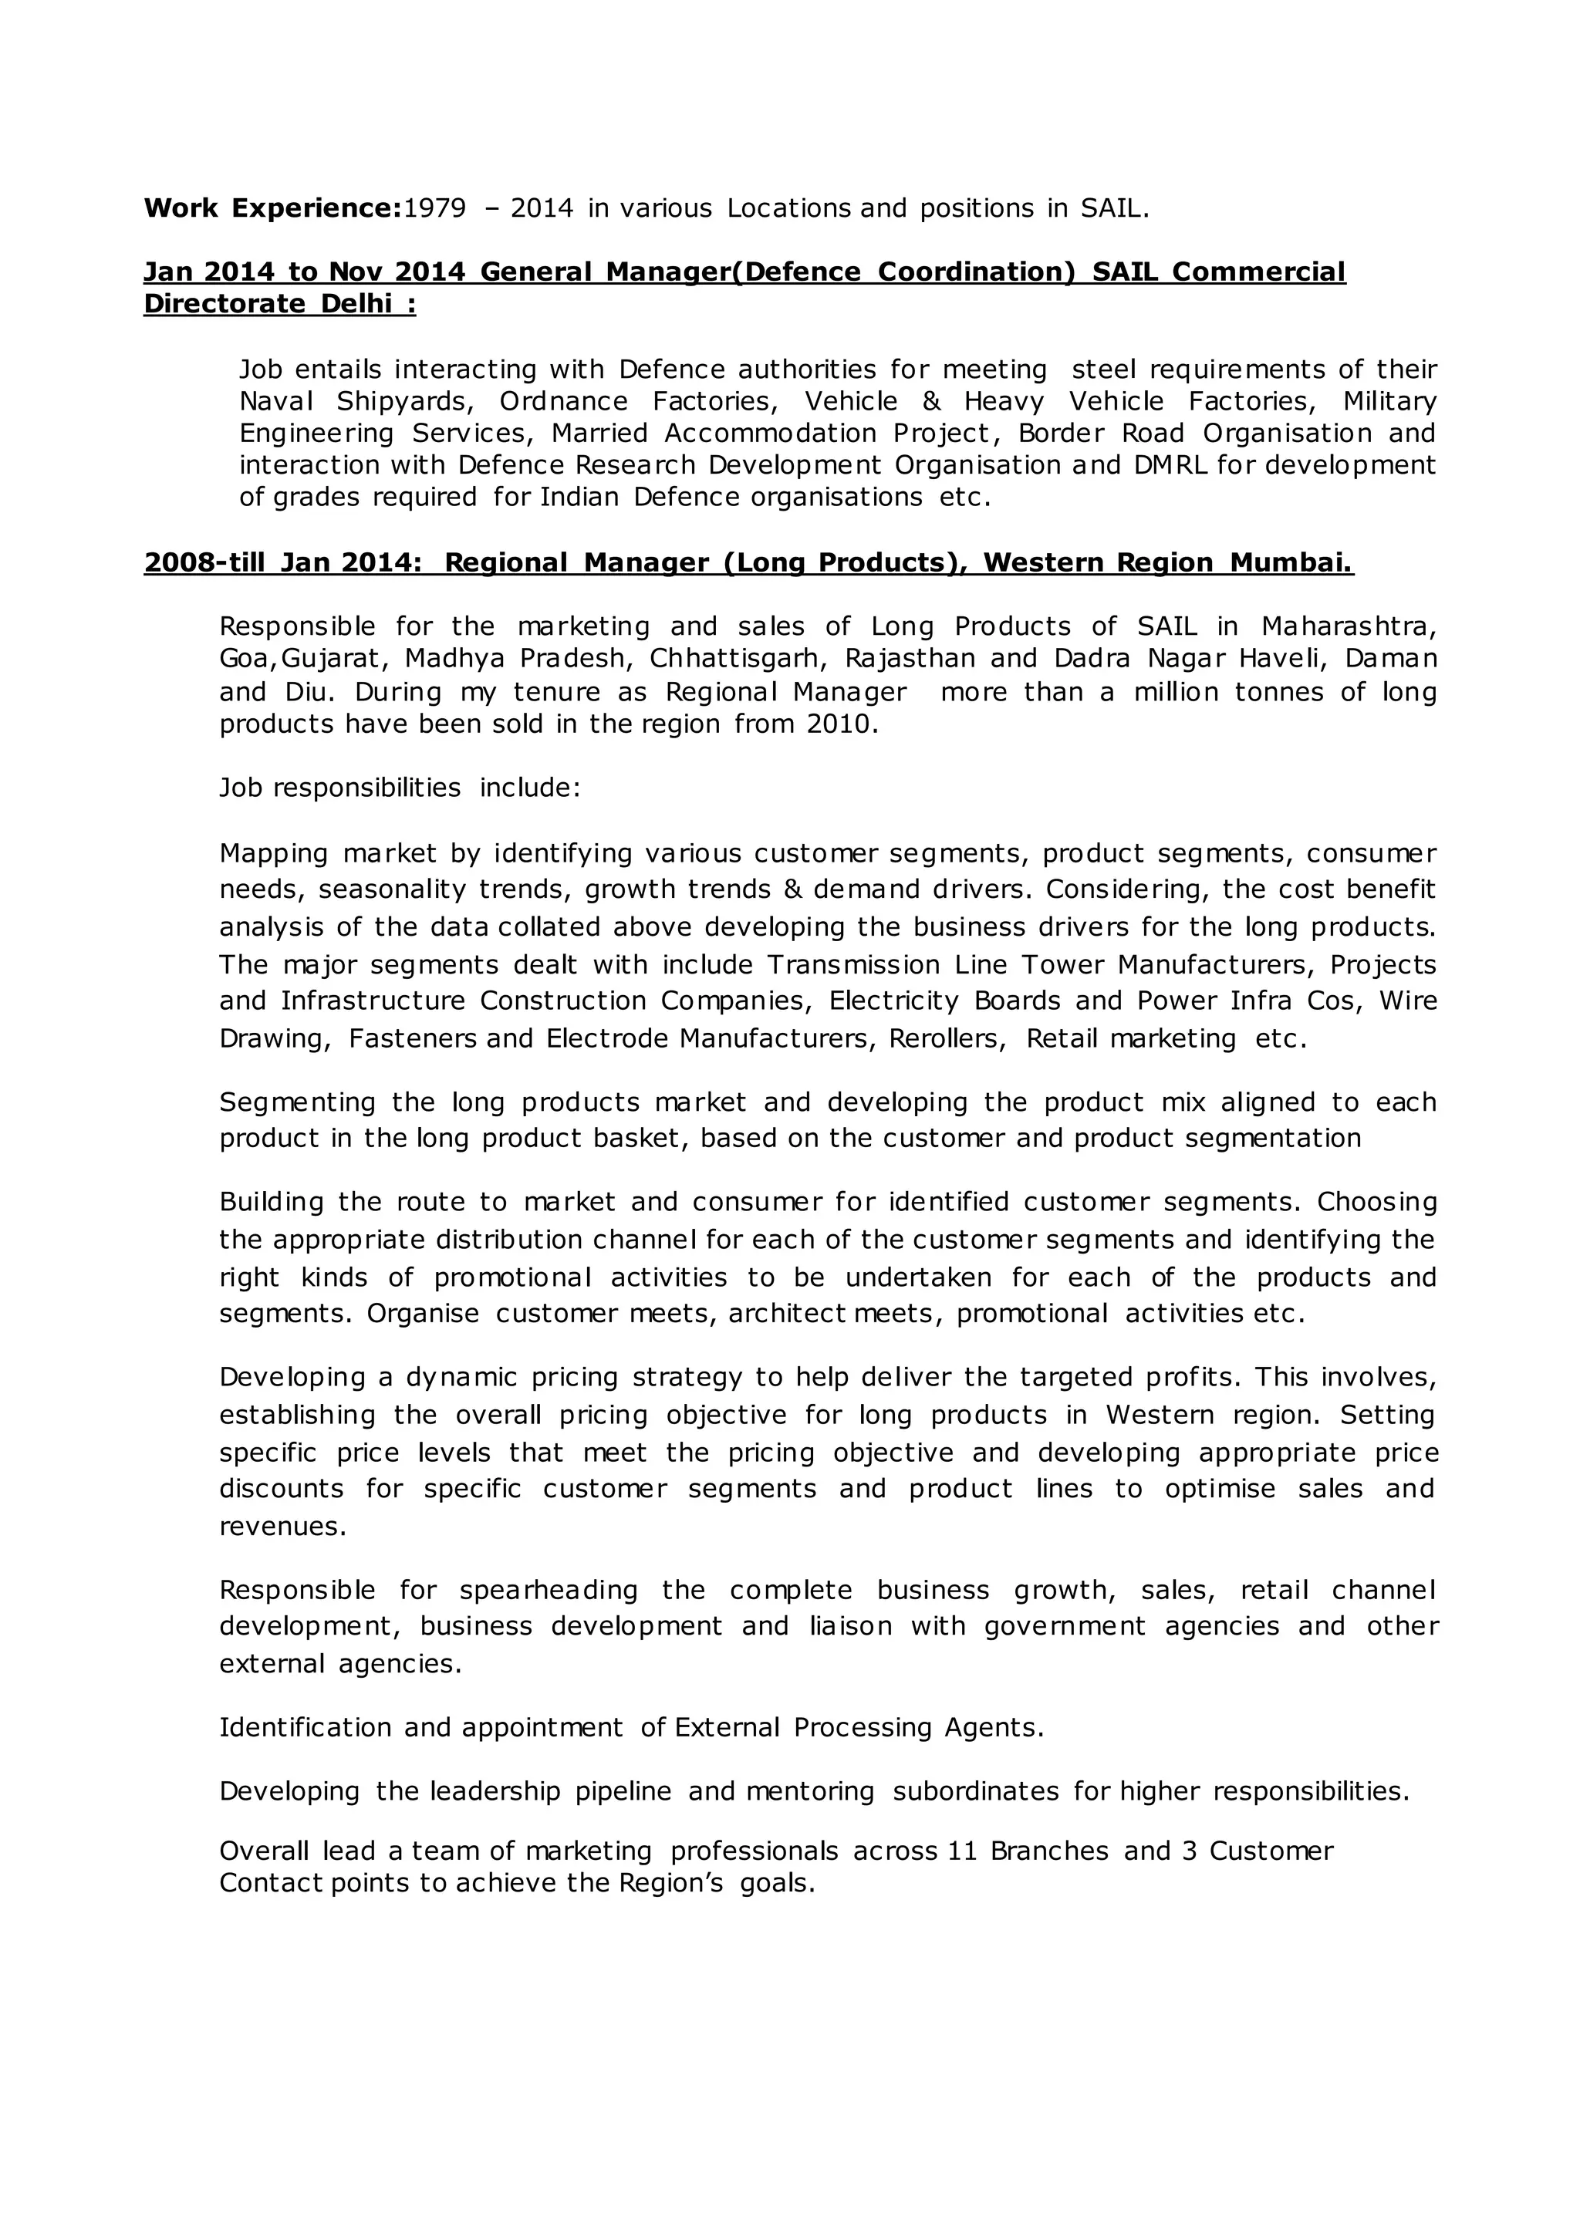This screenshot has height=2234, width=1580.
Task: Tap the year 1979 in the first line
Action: (434, 208)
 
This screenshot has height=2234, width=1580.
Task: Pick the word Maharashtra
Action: (1349, 626)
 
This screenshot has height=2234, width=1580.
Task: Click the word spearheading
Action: (549, 1590)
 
